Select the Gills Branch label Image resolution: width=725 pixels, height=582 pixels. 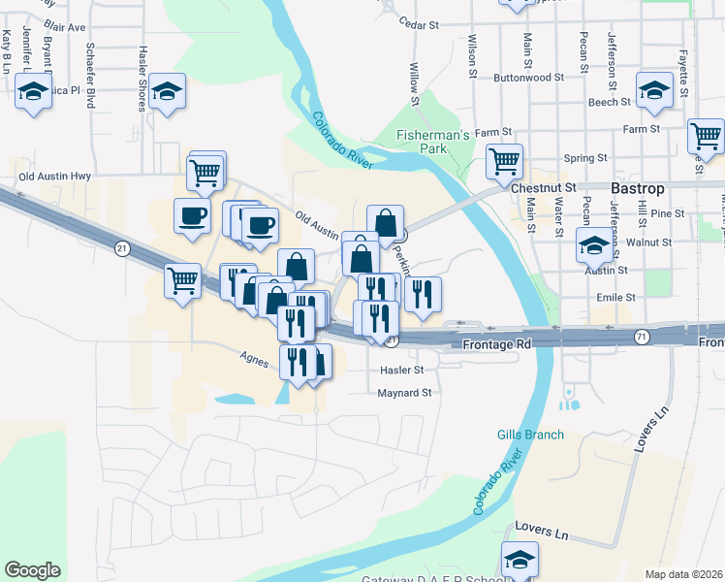[x=530, y=435]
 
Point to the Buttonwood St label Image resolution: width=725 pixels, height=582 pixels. [x=528, y=77]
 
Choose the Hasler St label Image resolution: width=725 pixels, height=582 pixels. [x=402, y=370]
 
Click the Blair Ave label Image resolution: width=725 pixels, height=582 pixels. [x=65, y=28]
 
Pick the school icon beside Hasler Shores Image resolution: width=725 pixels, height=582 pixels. [x=168, y=93]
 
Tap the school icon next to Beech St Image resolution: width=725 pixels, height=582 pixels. [x=654, y=91]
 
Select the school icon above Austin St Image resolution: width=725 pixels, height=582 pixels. [x=594, y=246]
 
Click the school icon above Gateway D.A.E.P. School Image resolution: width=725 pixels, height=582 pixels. [x=520, y=559]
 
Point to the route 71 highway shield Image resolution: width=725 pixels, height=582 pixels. [x=643, y=336]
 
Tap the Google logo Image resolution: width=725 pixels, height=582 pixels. [x=33, y=570]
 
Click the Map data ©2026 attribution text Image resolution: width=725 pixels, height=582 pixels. [x=684, y=574]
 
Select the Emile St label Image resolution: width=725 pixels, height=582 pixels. [x=616, y=297]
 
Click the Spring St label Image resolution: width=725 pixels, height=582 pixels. [x=584, y=157]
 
